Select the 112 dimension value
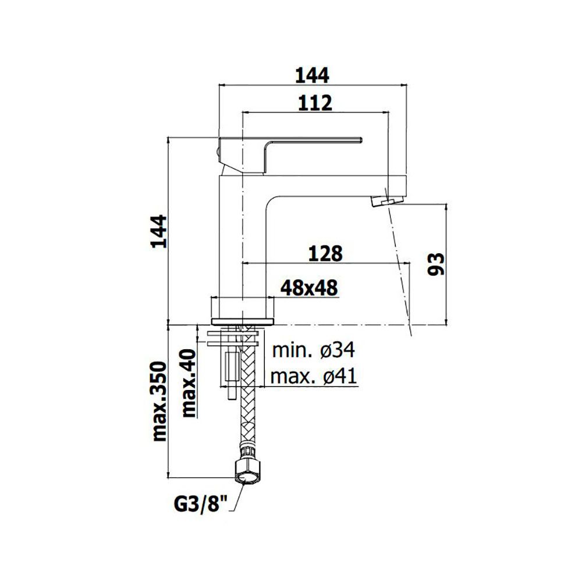click(x=315, y=103)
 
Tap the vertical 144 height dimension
click(x=159, y=230)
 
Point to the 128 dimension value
click(x=325, y=254)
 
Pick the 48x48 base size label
click(x=309, y=288)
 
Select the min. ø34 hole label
click(x=314, y=350)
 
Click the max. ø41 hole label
click(x=314, y=377)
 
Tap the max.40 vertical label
click(x=190, y=383)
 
